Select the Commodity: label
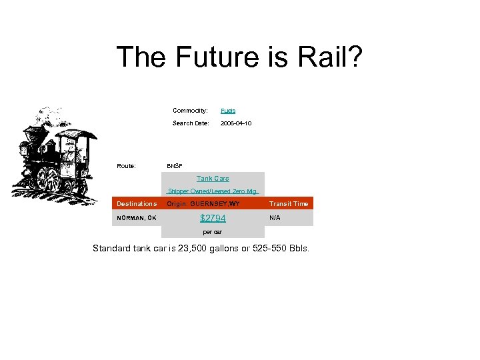pos(190,111)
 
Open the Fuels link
pos(228,111)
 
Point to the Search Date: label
pos(191,123)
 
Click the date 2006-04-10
pos(236,123)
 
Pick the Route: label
pos(127,166)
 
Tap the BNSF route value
pos(175,166)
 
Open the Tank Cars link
pos(213,179)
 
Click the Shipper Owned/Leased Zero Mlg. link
pos(213,191)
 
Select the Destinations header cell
pos(137,204)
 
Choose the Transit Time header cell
pos(289,204)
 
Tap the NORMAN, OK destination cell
pos(137,218)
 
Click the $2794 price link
pos(213,218)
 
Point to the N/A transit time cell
pos(275,218)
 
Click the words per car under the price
pos(213,232)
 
